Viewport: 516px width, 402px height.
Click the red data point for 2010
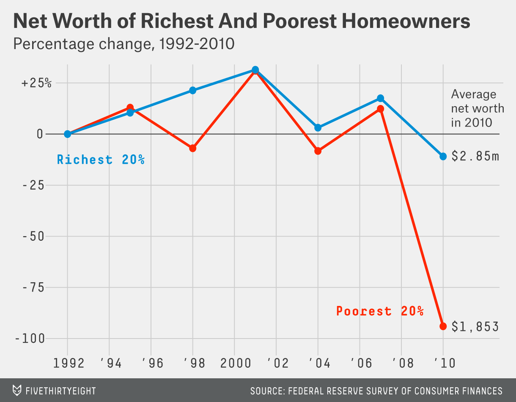(443, 326)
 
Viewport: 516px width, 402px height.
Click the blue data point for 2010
(443, 156)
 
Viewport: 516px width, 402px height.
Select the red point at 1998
(193, 148)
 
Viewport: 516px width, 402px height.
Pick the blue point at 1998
(193, 90)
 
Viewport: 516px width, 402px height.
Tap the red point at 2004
(318, 151)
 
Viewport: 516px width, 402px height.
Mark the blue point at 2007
(380, 98)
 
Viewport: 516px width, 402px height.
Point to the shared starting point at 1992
(67, 134)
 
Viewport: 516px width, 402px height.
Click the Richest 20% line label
(101, 160)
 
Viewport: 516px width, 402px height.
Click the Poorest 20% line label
(380, 311)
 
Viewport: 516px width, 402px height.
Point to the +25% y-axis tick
(36, 83)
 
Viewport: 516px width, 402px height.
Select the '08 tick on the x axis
(401, 363)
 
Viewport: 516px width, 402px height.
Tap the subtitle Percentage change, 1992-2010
(124, 44)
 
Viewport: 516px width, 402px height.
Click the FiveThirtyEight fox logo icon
(17, 390)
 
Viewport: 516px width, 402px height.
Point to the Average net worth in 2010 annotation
(477, 108)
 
